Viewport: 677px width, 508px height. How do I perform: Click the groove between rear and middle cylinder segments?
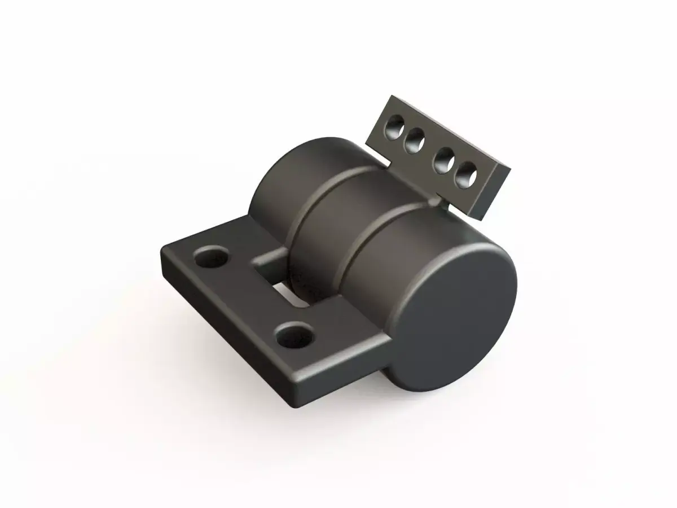(x=299, y=214)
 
